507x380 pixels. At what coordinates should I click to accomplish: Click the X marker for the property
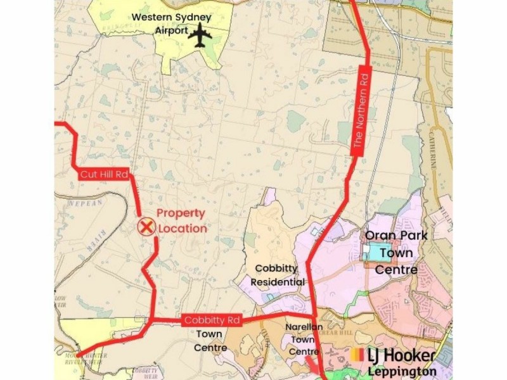[x=146, y=225]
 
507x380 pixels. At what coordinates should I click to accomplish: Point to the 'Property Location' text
[x=181, y=221]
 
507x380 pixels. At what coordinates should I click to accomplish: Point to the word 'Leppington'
[x=402, y=372]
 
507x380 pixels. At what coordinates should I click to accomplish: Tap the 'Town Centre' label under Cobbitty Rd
[x=210, y=341]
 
